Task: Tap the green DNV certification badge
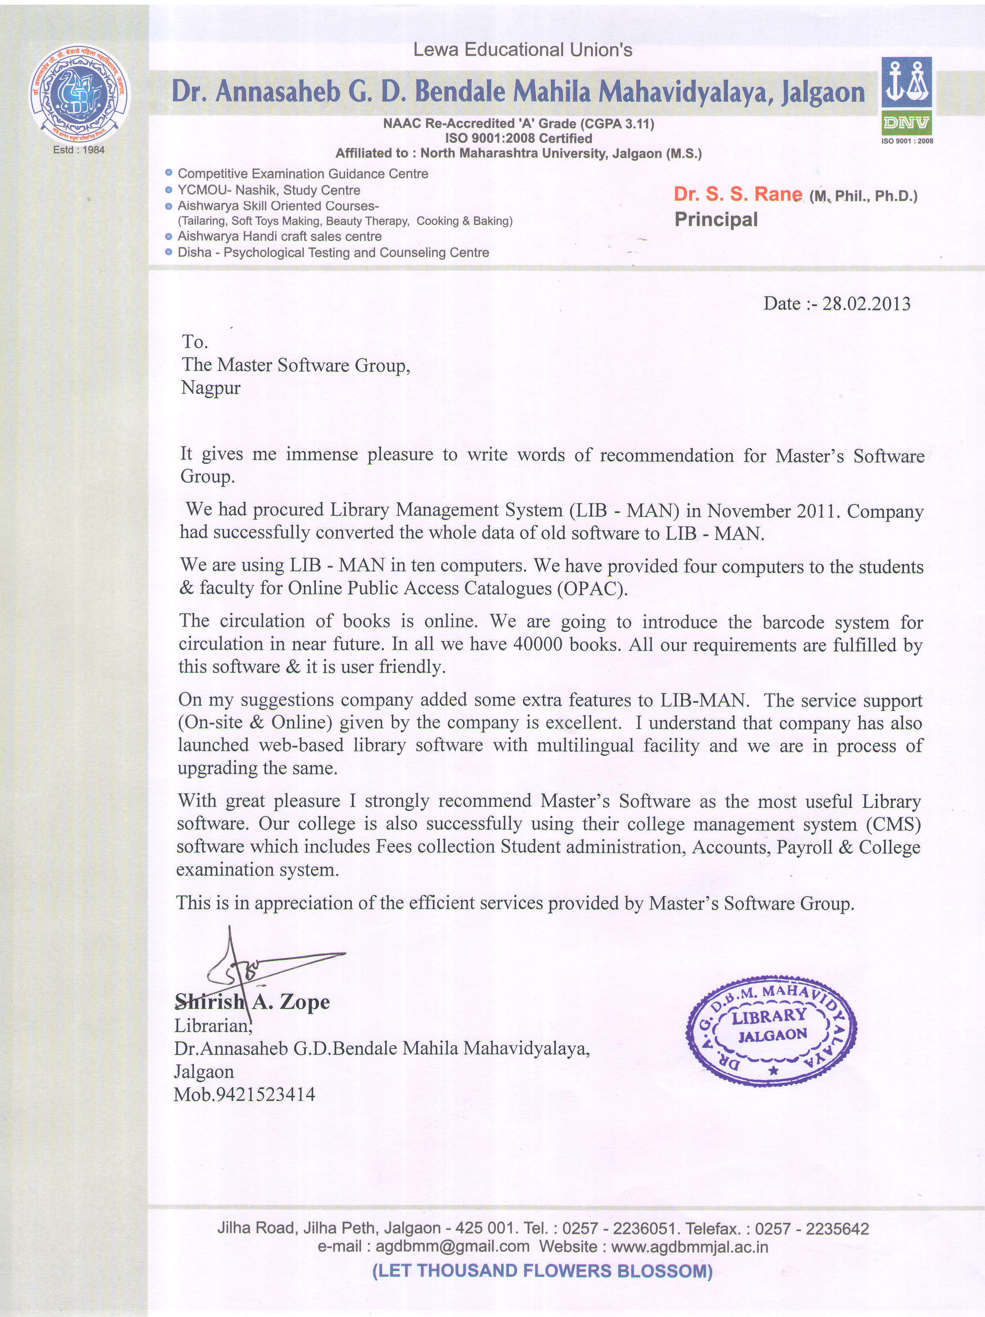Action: tap(906, 124)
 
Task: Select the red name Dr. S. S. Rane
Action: tap(737, 194)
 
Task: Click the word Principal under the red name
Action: tap(716, 219)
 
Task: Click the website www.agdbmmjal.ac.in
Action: tap(689, 1246)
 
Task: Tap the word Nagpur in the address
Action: tap(211, 388)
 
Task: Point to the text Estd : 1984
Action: tap(79, 149)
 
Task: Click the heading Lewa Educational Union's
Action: tap(522, 50)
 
